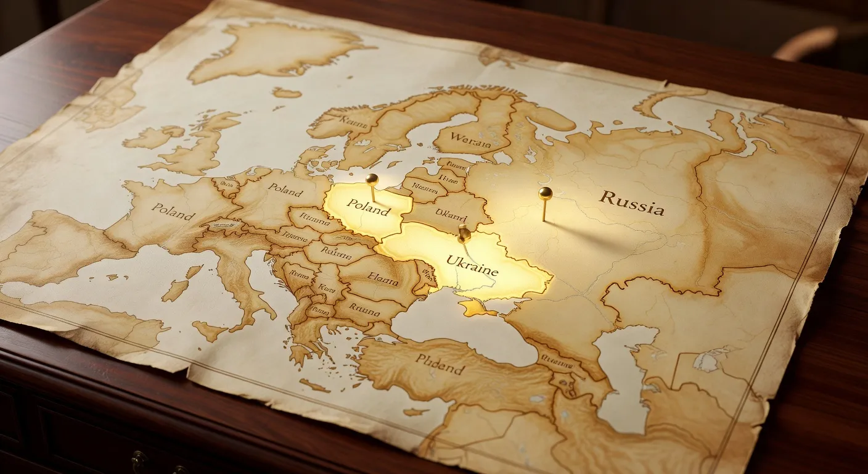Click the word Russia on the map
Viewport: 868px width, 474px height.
[x=632, y=202]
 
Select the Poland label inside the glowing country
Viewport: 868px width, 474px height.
[x=368, y=207]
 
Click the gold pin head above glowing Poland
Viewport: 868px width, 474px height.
[x=372, y=179]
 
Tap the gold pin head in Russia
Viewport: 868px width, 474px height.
[x=545, y=193]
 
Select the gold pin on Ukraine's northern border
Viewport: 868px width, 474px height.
[x=464, y=233]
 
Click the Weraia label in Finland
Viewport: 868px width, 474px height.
[x=471, y=140]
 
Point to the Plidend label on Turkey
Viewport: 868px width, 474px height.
[x=439, y=364]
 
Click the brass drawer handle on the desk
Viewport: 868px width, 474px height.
[x=139, y=460]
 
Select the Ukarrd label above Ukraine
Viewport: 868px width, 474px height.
[x=451, y=214]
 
